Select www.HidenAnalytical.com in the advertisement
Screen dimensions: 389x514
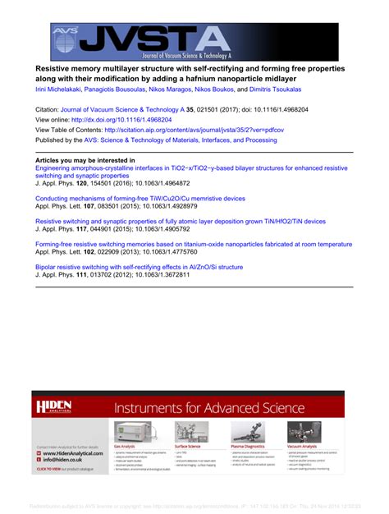[73, 453]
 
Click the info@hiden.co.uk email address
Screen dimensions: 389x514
[66, 461]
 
